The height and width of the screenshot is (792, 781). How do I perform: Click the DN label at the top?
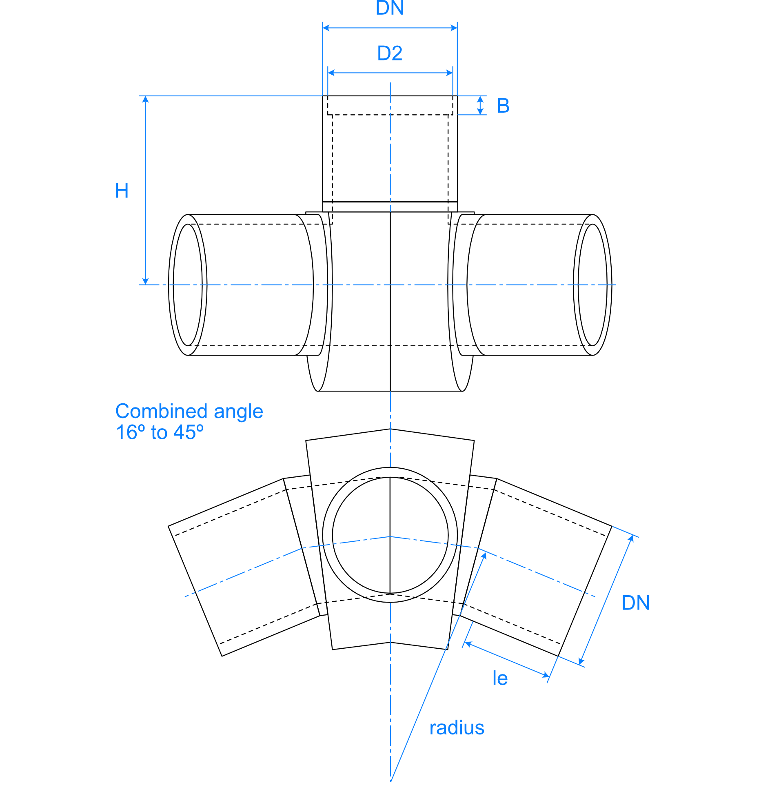pos(389,8)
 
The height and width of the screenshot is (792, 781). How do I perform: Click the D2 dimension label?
pos(389,53)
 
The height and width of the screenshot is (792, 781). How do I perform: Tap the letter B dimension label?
pos(503,106)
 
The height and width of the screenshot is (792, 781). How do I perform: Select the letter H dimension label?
pos(122,191)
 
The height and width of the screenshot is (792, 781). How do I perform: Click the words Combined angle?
pos(189,411)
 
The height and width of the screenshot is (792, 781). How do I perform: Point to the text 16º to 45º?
pos(160,432)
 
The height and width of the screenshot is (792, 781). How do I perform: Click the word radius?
pos(457,727)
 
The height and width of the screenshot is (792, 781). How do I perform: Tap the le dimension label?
pos(500,678)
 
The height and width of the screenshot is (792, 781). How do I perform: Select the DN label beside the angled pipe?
pos(635,603)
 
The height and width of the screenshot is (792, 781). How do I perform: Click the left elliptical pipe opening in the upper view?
pos(188,285)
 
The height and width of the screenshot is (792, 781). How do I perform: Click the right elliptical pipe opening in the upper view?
pos(592,285)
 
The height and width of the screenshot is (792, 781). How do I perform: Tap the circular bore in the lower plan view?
pos(390,535)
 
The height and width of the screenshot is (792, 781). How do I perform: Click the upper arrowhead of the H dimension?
pos(145,99)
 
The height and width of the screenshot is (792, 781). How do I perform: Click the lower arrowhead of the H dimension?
pos(145,282)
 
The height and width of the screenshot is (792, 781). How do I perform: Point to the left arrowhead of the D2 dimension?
pos(331,73)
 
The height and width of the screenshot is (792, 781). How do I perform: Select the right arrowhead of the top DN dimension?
pos(454,28)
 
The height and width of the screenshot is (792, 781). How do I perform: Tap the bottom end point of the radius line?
pos(390,781)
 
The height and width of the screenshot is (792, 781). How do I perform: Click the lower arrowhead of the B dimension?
pos(480,112)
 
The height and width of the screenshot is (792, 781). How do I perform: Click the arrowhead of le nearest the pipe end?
pos(546,675)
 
